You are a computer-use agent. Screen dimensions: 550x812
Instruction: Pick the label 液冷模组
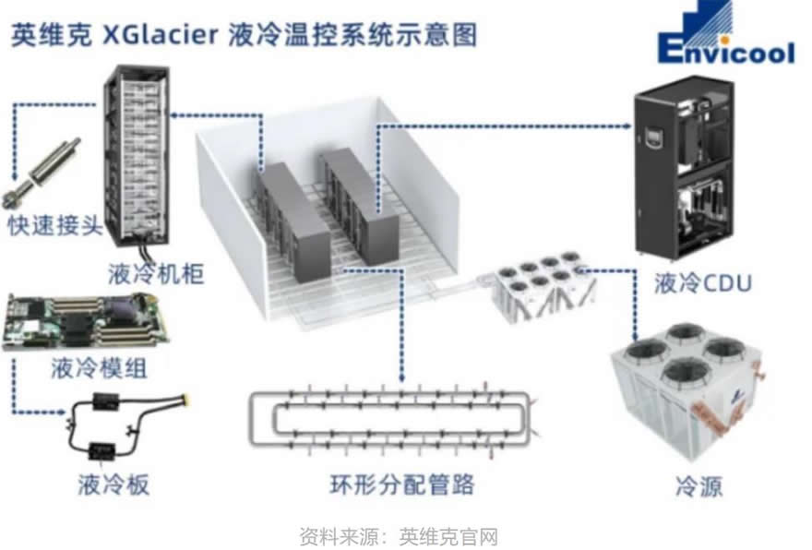pyautogui.click(x=99, y=368)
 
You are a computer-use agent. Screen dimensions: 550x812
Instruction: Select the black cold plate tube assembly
pyautogui.click(x=120, y=428)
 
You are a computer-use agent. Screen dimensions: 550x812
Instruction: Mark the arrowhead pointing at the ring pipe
pyautogui.click(x=402, y=379)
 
